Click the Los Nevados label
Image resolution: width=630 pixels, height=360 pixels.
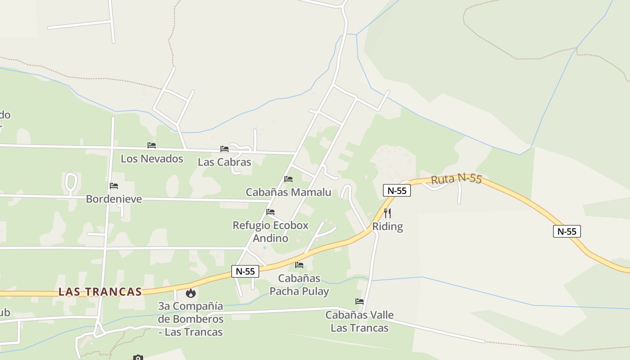[x=152, y=158]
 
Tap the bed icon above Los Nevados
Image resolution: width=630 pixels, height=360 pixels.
[x=152, y=145]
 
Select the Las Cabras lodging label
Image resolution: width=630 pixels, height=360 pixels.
[x=224, y=162]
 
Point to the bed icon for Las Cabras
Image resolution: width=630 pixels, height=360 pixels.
[x=225, y=149]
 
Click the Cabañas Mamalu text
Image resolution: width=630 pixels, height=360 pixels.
[x=288, y=192]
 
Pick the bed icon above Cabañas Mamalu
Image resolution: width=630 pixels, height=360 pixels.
[x=288, y=179]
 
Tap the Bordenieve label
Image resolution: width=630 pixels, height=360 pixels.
[x=114, y=199]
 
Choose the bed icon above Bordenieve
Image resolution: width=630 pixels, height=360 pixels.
[x=114, y=186]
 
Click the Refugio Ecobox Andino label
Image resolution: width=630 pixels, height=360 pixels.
[x=270, y=231]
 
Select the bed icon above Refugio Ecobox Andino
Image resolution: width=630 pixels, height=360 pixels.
[x=270, y=212]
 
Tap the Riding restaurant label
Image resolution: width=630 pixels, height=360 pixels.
[x=387, y=226]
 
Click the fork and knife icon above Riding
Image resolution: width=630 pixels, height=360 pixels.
[x=387, y=213]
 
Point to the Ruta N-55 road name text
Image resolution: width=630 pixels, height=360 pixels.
[x=456, y=179]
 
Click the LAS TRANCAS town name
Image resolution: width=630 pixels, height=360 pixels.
[x=100, y=292]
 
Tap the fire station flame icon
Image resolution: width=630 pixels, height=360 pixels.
[x=191, y=293]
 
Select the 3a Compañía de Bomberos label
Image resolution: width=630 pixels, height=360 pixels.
[x=191, y=319]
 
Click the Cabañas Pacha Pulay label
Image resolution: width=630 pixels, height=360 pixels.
[x=299, y=284]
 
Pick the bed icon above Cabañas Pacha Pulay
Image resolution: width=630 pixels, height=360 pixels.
[x=299, y=265]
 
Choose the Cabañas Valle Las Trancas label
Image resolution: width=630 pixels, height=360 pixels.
[x=360, y=321]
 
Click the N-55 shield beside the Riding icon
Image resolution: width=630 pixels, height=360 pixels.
[x=397, y=190]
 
